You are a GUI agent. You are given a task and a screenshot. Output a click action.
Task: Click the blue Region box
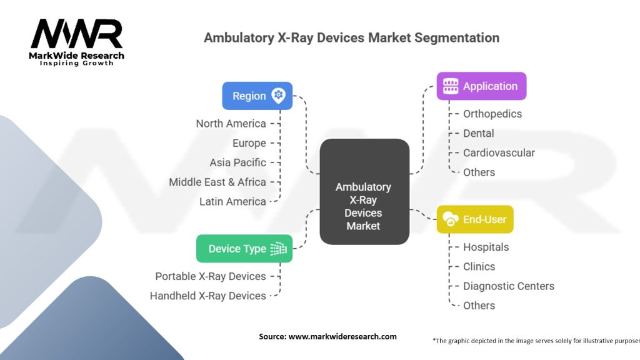[257, 96]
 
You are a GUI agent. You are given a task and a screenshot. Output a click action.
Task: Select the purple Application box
[481, 86]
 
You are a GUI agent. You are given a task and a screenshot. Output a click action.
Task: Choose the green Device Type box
[244, 249]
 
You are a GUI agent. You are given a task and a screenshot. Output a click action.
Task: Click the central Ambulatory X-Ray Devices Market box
[364, 191]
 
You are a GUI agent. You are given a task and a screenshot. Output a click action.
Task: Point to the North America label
[231, 123]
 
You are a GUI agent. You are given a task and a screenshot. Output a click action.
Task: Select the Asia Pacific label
[237, 162]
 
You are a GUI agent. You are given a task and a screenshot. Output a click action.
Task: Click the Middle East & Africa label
[217, 182]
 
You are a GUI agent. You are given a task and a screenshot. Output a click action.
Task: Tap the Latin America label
[232, 201]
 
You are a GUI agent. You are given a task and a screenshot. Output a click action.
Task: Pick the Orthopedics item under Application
[492, 114]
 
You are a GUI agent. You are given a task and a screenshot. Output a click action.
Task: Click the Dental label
[479, 133]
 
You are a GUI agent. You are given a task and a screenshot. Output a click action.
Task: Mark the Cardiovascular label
[499, 152]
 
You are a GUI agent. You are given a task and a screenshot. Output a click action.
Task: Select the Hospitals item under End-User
[486, 247]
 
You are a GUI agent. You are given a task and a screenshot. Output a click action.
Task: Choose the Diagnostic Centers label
[508, 286]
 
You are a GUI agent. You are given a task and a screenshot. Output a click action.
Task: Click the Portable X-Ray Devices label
[211, 276]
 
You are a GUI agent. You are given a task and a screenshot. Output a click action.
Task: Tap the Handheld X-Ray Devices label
[208, 296]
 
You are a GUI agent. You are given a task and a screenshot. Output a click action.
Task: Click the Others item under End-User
[479, 305]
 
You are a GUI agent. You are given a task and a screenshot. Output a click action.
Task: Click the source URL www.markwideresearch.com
[342, 336]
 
